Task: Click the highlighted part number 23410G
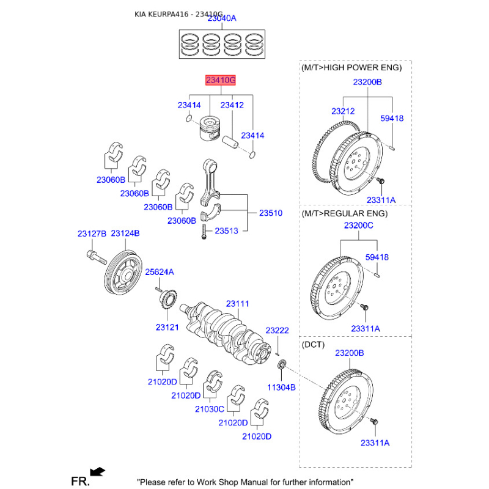(x=220, y=80)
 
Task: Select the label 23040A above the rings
(x=222, y=19)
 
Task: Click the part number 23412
(x=232, y=105)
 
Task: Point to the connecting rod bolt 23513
(x=202, y=231)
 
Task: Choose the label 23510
(x=270, y=213)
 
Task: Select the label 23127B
(x=92, y=233)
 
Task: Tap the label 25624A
(x=159, y=271)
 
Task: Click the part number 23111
(x=237, y=304)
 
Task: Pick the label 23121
(x=166, y=328)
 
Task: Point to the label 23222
(x=277, y=331)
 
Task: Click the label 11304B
(x=281, y=388)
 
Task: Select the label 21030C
(x=210, y=409)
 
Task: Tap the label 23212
(x=343, y=111)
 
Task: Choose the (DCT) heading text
(x=314, y=345)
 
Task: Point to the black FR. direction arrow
(x=97, y=471)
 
